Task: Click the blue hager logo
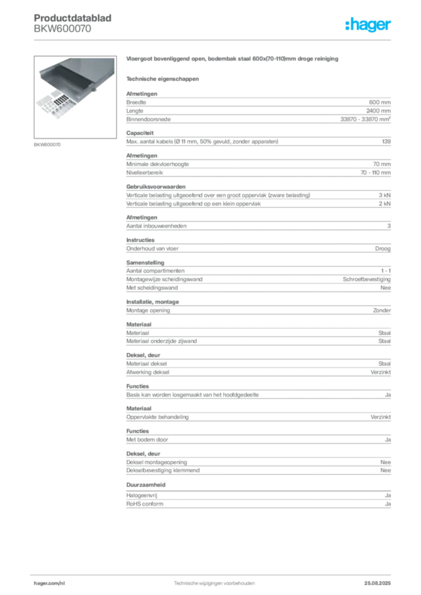coord(369,26)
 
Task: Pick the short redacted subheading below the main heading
coord(163,78)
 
